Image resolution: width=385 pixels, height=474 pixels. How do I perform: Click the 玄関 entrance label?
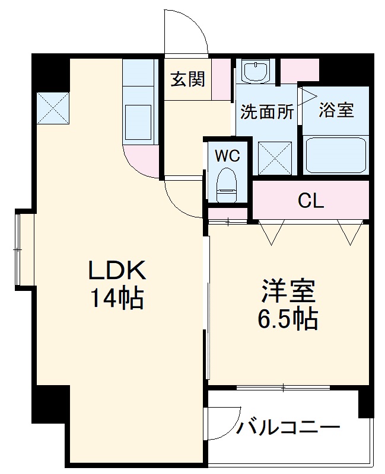click(188, 79)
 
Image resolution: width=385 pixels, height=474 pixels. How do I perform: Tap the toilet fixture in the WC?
click(227, 183)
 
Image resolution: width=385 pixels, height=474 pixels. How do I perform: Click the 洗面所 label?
click(267, 111)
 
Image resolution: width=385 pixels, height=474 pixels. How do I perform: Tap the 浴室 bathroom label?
click(336, 110)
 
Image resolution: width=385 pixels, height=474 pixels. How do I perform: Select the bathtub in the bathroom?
click(336, 155)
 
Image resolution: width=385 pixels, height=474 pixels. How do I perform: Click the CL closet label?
click(311, 201)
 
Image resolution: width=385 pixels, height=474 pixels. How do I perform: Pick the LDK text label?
click(117, 271)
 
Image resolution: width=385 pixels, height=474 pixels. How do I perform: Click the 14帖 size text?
click(117, 298)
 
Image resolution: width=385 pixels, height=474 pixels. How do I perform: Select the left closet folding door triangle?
click(272, 232)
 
